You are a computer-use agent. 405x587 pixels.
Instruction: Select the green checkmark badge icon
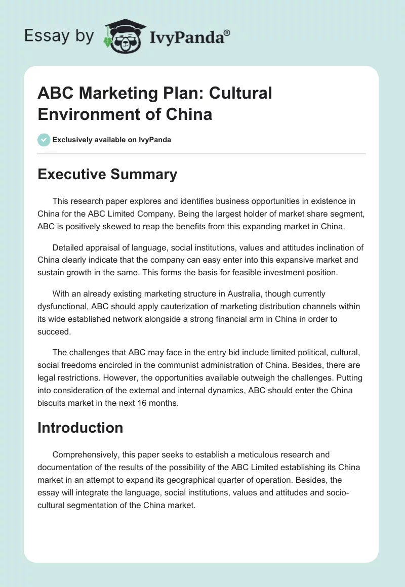pyautogui.click(x=44, y=140)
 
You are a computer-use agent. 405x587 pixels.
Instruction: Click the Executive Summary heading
pyautogui.click(x=107, y=175)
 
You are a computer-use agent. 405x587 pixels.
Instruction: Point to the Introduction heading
pyautogui.click(x=80, y=428)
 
